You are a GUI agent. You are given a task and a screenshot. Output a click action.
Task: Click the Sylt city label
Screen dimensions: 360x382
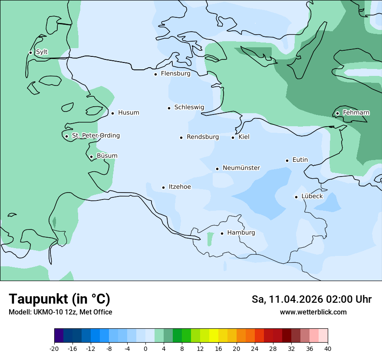[x=42, y=52]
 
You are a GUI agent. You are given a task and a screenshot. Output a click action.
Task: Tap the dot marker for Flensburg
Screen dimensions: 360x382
[x=155, y=74]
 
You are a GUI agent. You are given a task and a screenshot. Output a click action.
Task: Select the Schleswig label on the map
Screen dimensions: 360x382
[x=189, y=107]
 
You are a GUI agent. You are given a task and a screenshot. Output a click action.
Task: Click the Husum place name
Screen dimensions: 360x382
[x=128, y=113]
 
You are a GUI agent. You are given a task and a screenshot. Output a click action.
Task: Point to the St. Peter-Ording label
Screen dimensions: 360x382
[x=95, y=136]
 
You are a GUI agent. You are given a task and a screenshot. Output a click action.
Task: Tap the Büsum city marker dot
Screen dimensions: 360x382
[x=91, y=157]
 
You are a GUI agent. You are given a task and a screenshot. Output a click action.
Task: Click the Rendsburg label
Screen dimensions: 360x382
[x=203, y=137]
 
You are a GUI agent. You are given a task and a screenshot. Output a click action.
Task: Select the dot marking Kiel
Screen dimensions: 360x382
[x=233, y=137]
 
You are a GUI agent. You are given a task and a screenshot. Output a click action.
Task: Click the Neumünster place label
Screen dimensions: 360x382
[x=241, y=168]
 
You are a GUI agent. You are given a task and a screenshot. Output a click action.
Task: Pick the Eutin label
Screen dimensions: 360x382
[x=300, y=160]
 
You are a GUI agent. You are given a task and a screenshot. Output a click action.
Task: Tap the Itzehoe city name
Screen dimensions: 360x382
[x=180, y=187]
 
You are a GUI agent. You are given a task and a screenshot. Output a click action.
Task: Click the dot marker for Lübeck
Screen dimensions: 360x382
[x=296, y=197]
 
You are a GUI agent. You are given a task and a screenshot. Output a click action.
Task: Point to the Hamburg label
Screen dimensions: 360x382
[x=241, y=232]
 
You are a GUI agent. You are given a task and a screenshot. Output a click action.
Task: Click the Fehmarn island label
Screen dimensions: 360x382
[x=356, y=113]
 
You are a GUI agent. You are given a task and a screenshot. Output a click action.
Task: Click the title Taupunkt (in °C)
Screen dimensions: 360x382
[x=59, y=299]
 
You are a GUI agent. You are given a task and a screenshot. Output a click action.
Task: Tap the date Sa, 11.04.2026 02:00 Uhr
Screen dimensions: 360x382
[x=311, y=299]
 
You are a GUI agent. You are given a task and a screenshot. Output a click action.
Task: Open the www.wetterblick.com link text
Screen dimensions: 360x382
[x=313, y=312]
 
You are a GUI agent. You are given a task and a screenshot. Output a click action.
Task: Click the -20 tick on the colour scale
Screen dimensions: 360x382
[x=54, y=349]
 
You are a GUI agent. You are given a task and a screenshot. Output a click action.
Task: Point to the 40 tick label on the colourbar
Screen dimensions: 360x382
[x=328, y=349]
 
